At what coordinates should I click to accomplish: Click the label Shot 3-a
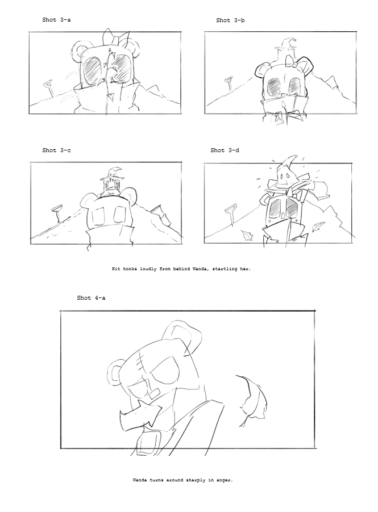[x=56, y=20]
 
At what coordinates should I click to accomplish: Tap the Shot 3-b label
[x=230, y=20]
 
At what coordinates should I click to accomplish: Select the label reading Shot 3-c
[x=56, y=150]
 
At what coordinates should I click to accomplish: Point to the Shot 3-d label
[x=225, y=150]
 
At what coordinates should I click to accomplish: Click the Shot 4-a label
[x=91, y=297]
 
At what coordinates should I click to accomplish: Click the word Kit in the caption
[x=117, y=269]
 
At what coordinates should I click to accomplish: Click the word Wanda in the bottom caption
[x=140, y=480]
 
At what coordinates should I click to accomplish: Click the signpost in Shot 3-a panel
[x=48, y=87]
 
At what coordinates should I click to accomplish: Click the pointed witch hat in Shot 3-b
[x=284, y=45]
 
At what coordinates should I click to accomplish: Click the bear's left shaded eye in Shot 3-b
[x=275, y=87]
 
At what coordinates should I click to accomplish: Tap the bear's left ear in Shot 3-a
[x=78, y=52]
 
